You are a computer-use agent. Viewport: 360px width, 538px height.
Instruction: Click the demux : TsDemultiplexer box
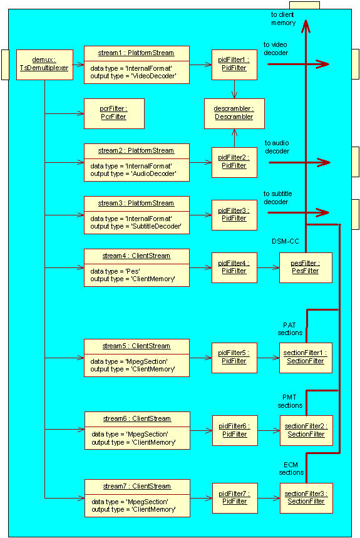pyautogui.click(x=44, y=65)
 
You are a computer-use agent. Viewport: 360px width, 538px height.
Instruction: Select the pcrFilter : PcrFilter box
pyautogui.click(x=114, y=113)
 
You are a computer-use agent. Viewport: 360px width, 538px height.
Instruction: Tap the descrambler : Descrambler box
pyautogui.click(x=234, y=113)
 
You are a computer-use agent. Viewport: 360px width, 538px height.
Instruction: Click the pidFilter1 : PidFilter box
pyautogui.click(x=234, y=65)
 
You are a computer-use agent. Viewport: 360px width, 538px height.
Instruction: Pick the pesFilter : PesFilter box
pyautogui.click(x=306, y=267)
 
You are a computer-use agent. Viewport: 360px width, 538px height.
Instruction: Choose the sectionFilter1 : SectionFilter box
pyautogui.click(x=306, y=358)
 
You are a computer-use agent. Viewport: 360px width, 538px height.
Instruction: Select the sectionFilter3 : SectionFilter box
pyautogui.click(x=306, y=498)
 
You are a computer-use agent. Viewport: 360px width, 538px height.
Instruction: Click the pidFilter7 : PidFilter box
pyautogui.click(x=235, y=498)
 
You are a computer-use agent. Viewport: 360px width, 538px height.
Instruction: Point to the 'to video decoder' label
pyautogui.click(x=275, y=49)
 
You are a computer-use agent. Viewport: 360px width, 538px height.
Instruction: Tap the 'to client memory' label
pyautogui.click(x=283, y=19)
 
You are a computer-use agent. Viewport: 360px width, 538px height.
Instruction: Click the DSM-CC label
pyautogui.click(x=285, y=241)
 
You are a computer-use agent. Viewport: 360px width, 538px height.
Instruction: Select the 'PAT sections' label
pyautogui.click(x=290, y=329)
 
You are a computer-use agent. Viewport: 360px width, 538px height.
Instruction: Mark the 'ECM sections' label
pyautogui.click(x=291, y=468)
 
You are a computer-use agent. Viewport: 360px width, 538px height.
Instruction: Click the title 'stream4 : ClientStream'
pyautogui.click(x=136, y=256)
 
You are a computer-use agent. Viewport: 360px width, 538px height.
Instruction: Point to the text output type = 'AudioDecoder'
pyautogui.click(x=133, y=173)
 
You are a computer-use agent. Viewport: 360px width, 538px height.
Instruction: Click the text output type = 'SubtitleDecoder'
pyautogui.click(x=136, y=226)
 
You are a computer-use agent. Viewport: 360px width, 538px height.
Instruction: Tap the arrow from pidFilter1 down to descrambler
pyautogui.click(x=234, y=89)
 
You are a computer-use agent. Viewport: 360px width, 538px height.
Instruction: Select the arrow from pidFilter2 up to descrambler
pyautogui.click(x=234, y=138)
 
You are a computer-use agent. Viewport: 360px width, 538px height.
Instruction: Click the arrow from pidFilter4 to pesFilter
pyautogui.click(x=268, y=267)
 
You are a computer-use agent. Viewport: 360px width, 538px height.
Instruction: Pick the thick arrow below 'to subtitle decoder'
pyautogui.click(x=298, y=213)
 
